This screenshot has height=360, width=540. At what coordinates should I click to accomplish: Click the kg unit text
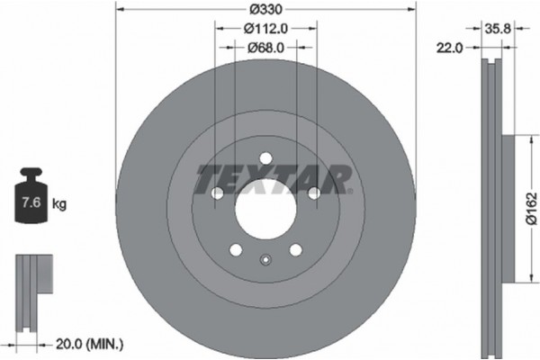pos(59,204)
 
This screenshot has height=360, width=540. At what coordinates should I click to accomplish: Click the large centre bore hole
pos(265,209)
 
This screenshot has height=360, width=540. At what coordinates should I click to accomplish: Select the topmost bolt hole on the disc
pos(265,159)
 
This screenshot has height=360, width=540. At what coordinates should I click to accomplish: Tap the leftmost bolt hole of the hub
pos(217,193)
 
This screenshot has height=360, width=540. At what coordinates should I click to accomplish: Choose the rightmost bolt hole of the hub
pos(313,193)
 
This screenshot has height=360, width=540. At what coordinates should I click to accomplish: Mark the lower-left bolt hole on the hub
pos(236,250)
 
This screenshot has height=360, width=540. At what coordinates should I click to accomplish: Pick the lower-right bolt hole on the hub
pos(295,250)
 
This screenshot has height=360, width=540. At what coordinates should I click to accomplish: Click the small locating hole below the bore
pos(265,261)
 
